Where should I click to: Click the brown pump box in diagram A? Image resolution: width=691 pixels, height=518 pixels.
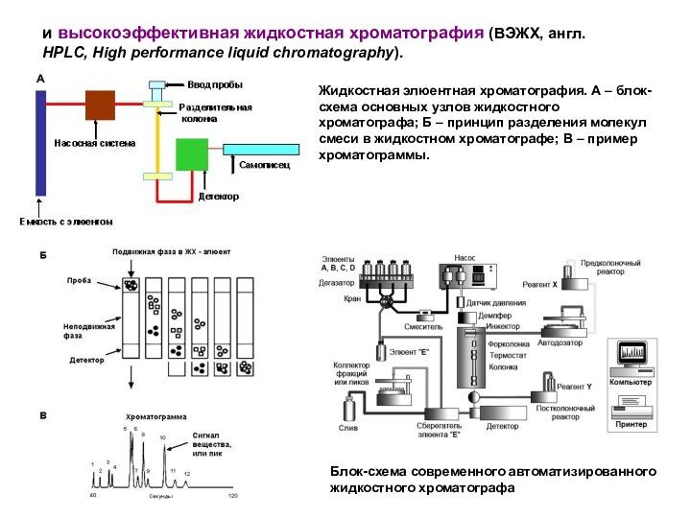tap(100, 105)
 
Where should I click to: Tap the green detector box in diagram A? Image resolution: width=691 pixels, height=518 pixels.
tap(191, 154)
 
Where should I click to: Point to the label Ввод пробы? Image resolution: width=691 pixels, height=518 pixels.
tap(214, 84)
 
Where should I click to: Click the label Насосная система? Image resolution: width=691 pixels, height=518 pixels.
tap(95, 142)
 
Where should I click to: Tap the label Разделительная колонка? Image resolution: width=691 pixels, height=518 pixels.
tap(215, 113)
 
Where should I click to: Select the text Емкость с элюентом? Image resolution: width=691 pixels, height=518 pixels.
tap(66, 222)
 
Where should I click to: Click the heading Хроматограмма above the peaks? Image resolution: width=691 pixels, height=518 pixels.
tap(156, 417)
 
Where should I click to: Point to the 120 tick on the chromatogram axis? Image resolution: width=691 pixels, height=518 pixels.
tap(232, 496)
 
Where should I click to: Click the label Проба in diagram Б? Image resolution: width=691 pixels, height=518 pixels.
tap(79, 280)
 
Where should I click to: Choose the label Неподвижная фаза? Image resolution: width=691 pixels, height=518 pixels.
tap(88, 331)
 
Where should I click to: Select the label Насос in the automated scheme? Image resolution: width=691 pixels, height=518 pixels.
tap(465, 258)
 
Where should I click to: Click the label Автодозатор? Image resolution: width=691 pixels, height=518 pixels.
tap(560, 342)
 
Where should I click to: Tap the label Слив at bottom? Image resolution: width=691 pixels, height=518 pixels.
tap(347, 428)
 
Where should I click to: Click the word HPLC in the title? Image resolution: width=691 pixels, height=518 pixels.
tap(64, 51)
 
